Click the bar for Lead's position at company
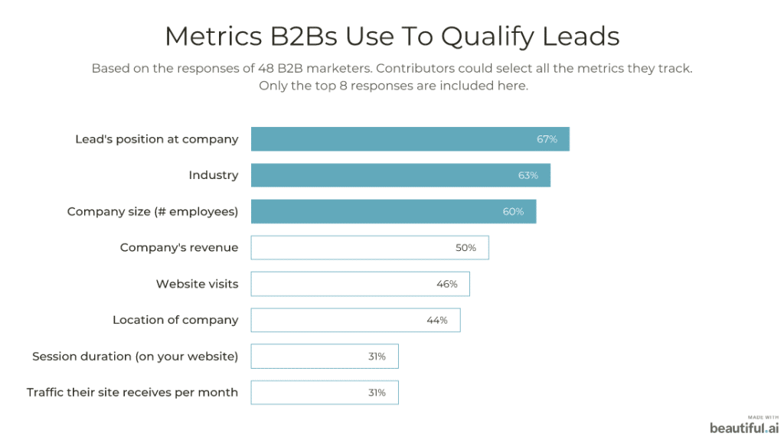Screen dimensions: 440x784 410,139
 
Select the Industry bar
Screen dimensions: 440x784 400,175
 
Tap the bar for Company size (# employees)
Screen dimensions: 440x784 393,211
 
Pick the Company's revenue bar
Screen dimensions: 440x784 369,248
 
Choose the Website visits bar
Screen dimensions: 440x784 360,284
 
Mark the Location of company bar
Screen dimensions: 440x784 355,320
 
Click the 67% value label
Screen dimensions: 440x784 547,139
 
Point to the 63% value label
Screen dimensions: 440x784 528,175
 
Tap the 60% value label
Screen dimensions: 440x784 513,211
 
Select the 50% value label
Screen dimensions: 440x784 465,248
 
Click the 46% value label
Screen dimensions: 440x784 447,284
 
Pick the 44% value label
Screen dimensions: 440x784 437,320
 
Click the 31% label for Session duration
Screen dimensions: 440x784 377,356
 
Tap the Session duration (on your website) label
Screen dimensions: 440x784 135,356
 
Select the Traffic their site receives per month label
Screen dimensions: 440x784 132,393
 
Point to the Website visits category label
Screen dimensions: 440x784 197,284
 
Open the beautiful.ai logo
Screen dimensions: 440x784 744,427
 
